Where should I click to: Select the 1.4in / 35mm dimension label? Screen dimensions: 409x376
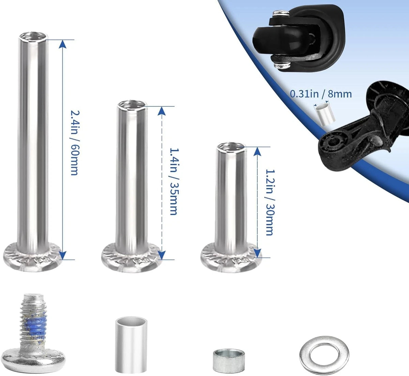click(174, 181)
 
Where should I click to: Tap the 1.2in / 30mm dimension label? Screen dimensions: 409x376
click(270, 202)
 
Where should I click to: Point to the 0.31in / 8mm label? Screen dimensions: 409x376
click(321, 94)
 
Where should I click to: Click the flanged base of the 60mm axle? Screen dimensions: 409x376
click(32, 257)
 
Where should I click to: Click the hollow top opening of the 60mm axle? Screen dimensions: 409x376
click(33, 36)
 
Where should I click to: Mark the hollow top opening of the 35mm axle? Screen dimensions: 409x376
click(132, 105)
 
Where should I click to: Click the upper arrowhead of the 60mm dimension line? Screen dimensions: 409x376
click(62, 44)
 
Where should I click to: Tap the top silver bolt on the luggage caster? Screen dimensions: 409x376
click(281, 13)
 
